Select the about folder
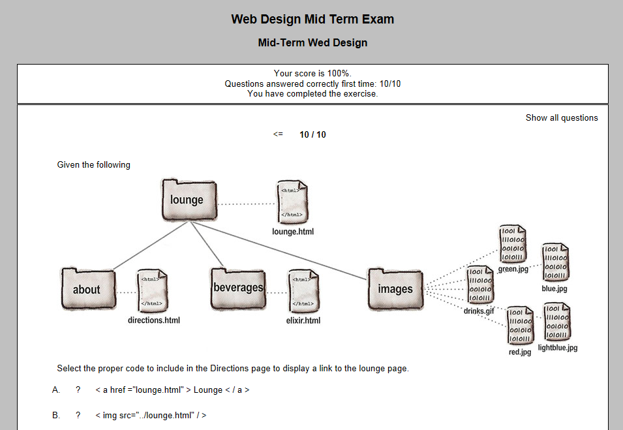tap(88, 289)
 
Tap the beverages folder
tap(238, 288)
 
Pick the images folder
tap(395, 288)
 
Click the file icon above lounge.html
tap(292, 202)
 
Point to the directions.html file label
tap(154, 320)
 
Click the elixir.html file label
tap(303, 320)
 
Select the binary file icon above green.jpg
tap(512, 245)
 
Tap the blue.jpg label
tap(555, 288)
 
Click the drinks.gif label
tap(479, 311)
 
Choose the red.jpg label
tap(520, 352)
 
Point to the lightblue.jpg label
tap(558, 348)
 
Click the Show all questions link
tap(562, 118)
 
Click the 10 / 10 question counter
tap(312, 135)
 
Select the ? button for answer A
tap(78, 390)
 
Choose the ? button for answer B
tap(78, 416)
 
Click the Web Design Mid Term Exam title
tap(312, 20)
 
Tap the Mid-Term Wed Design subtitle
tap(312, 43)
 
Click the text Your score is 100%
tap(312, 74)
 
